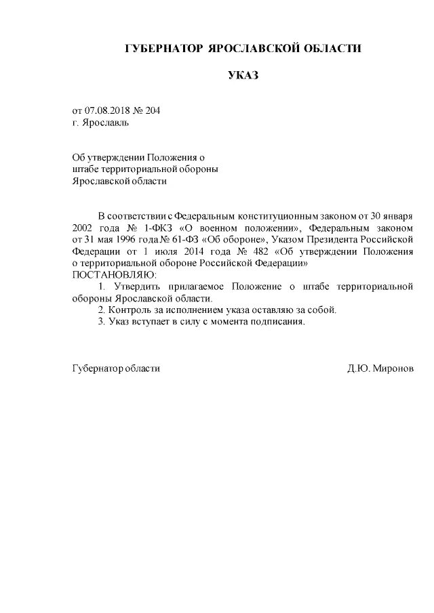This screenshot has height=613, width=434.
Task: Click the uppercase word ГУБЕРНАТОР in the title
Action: pos(164,49)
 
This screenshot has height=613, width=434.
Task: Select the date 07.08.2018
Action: pos(107,110)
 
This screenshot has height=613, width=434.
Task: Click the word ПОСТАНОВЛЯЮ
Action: pos(114,275)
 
